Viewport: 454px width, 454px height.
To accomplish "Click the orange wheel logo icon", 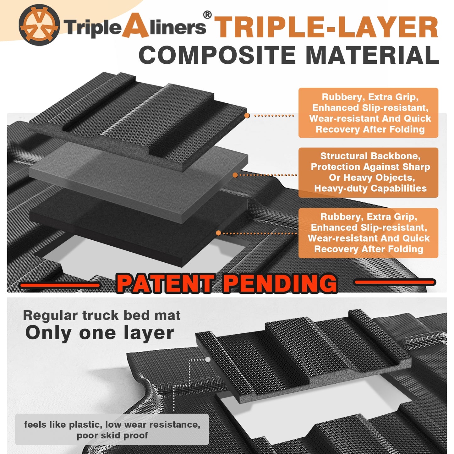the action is pos(39,25).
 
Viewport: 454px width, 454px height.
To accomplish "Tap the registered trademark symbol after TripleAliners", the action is pos(207,14).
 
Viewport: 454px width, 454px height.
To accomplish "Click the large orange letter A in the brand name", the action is pos(135,25).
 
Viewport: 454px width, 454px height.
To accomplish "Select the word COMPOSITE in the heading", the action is pos(217,55).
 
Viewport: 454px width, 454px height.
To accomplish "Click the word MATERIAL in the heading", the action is pos(373,55).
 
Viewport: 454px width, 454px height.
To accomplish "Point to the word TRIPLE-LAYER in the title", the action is pos(326,27).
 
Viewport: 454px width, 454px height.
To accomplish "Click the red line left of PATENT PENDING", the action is pos(60,285).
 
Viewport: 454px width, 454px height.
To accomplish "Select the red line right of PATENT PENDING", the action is pos(395,282).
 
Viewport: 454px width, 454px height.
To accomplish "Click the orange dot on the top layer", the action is pos(247,115).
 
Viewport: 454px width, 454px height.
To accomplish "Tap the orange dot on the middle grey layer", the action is pos(235,175).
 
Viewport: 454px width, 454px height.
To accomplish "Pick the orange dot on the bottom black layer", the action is pos(218,233).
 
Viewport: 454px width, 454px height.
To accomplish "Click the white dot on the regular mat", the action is pos(208,359).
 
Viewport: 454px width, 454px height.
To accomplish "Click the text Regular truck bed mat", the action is pos(102,315).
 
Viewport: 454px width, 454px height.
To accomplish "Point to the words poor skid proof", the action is pos(112,435).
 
